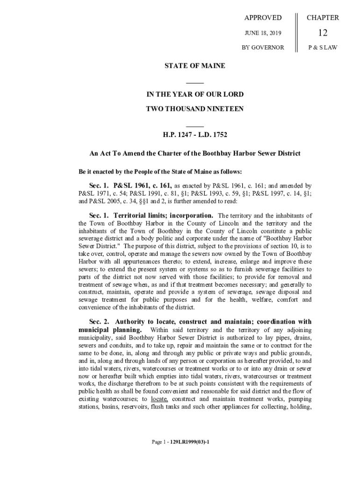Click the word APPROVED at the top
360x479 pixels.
click(x=263, y=18)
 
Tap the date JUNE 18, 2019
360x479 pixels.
click(x=263, y=33)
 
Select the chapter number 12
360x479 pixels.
click(x=323, y=33)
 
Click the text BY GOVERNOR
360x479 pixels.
click(x=263, y=48)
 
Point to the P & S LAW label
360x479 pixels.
click(x=323, y=48)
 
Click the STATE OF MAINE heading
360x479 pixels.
click(x=194, y=66)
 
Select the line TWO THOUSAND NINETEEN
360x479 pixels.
click(x=194, y=109)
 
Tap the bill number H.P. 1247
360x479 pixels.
click(x=177, y=135)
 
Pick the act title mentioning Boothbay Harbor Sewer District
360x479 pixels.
click(x=194, y=154)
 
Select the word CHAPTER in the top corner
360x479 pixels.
click(x=323, y=18)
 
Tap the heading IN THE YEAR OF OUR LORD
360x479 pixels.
click(x=194, y=94)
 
